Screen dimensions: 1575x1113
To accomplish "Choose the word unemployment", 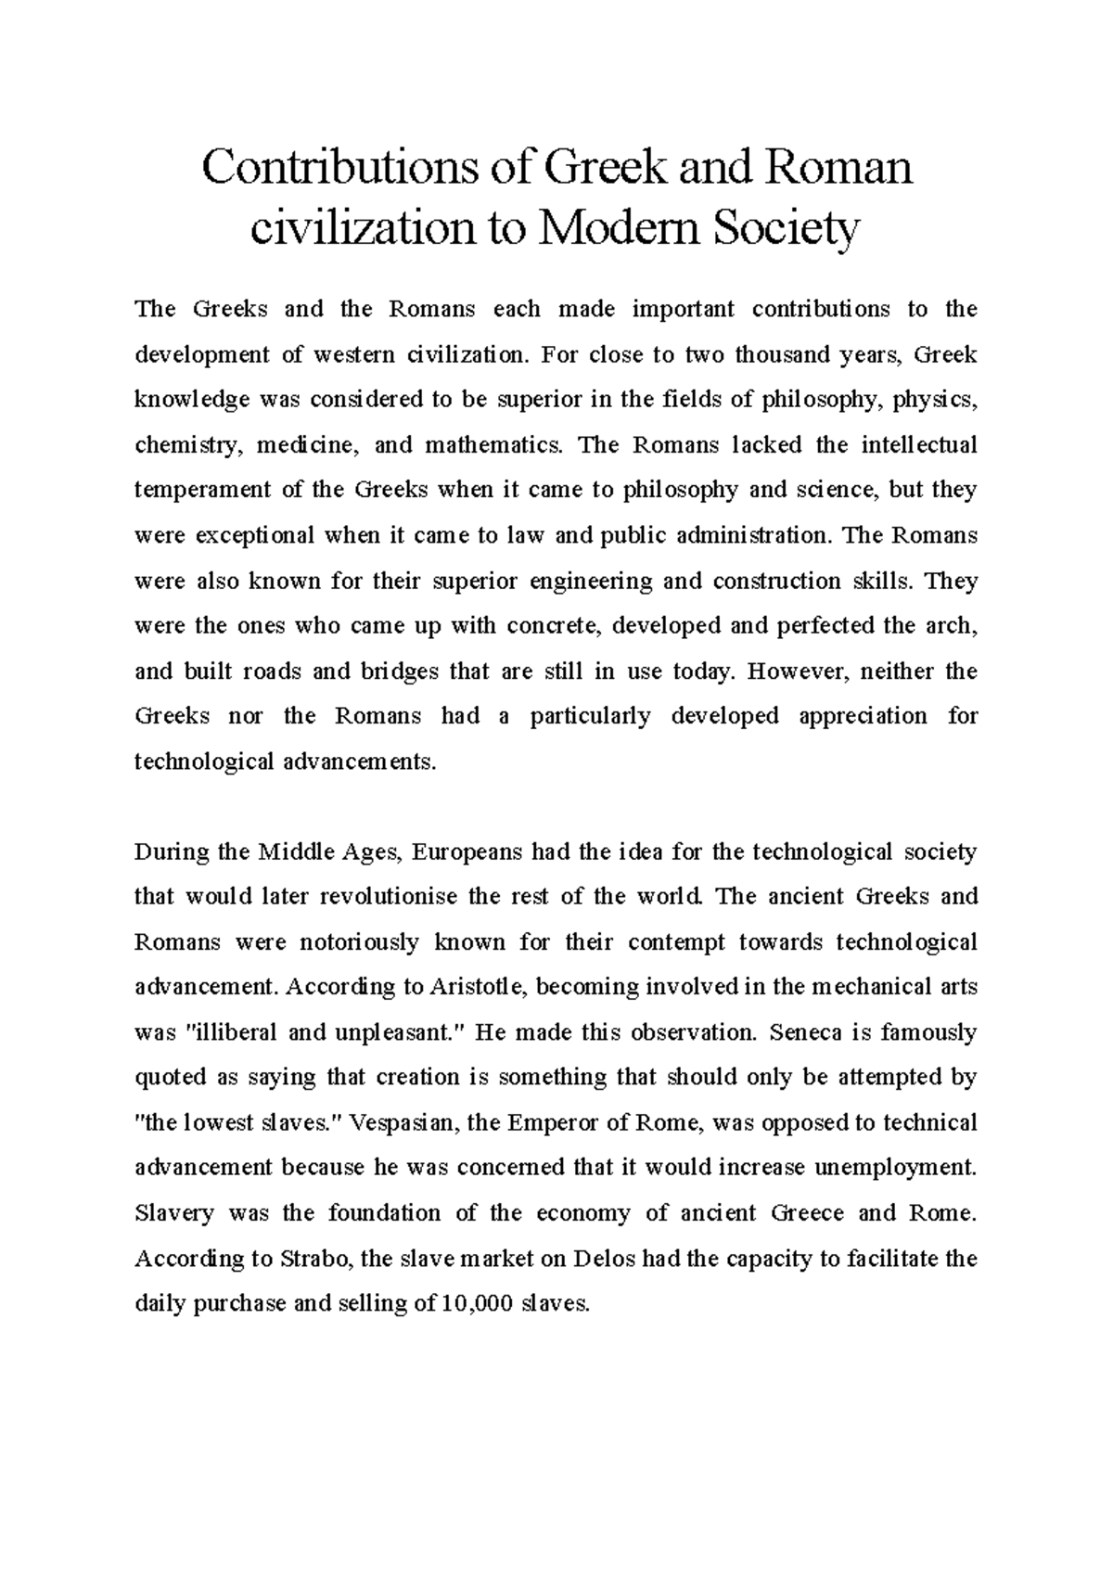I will pos(896,1169).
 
